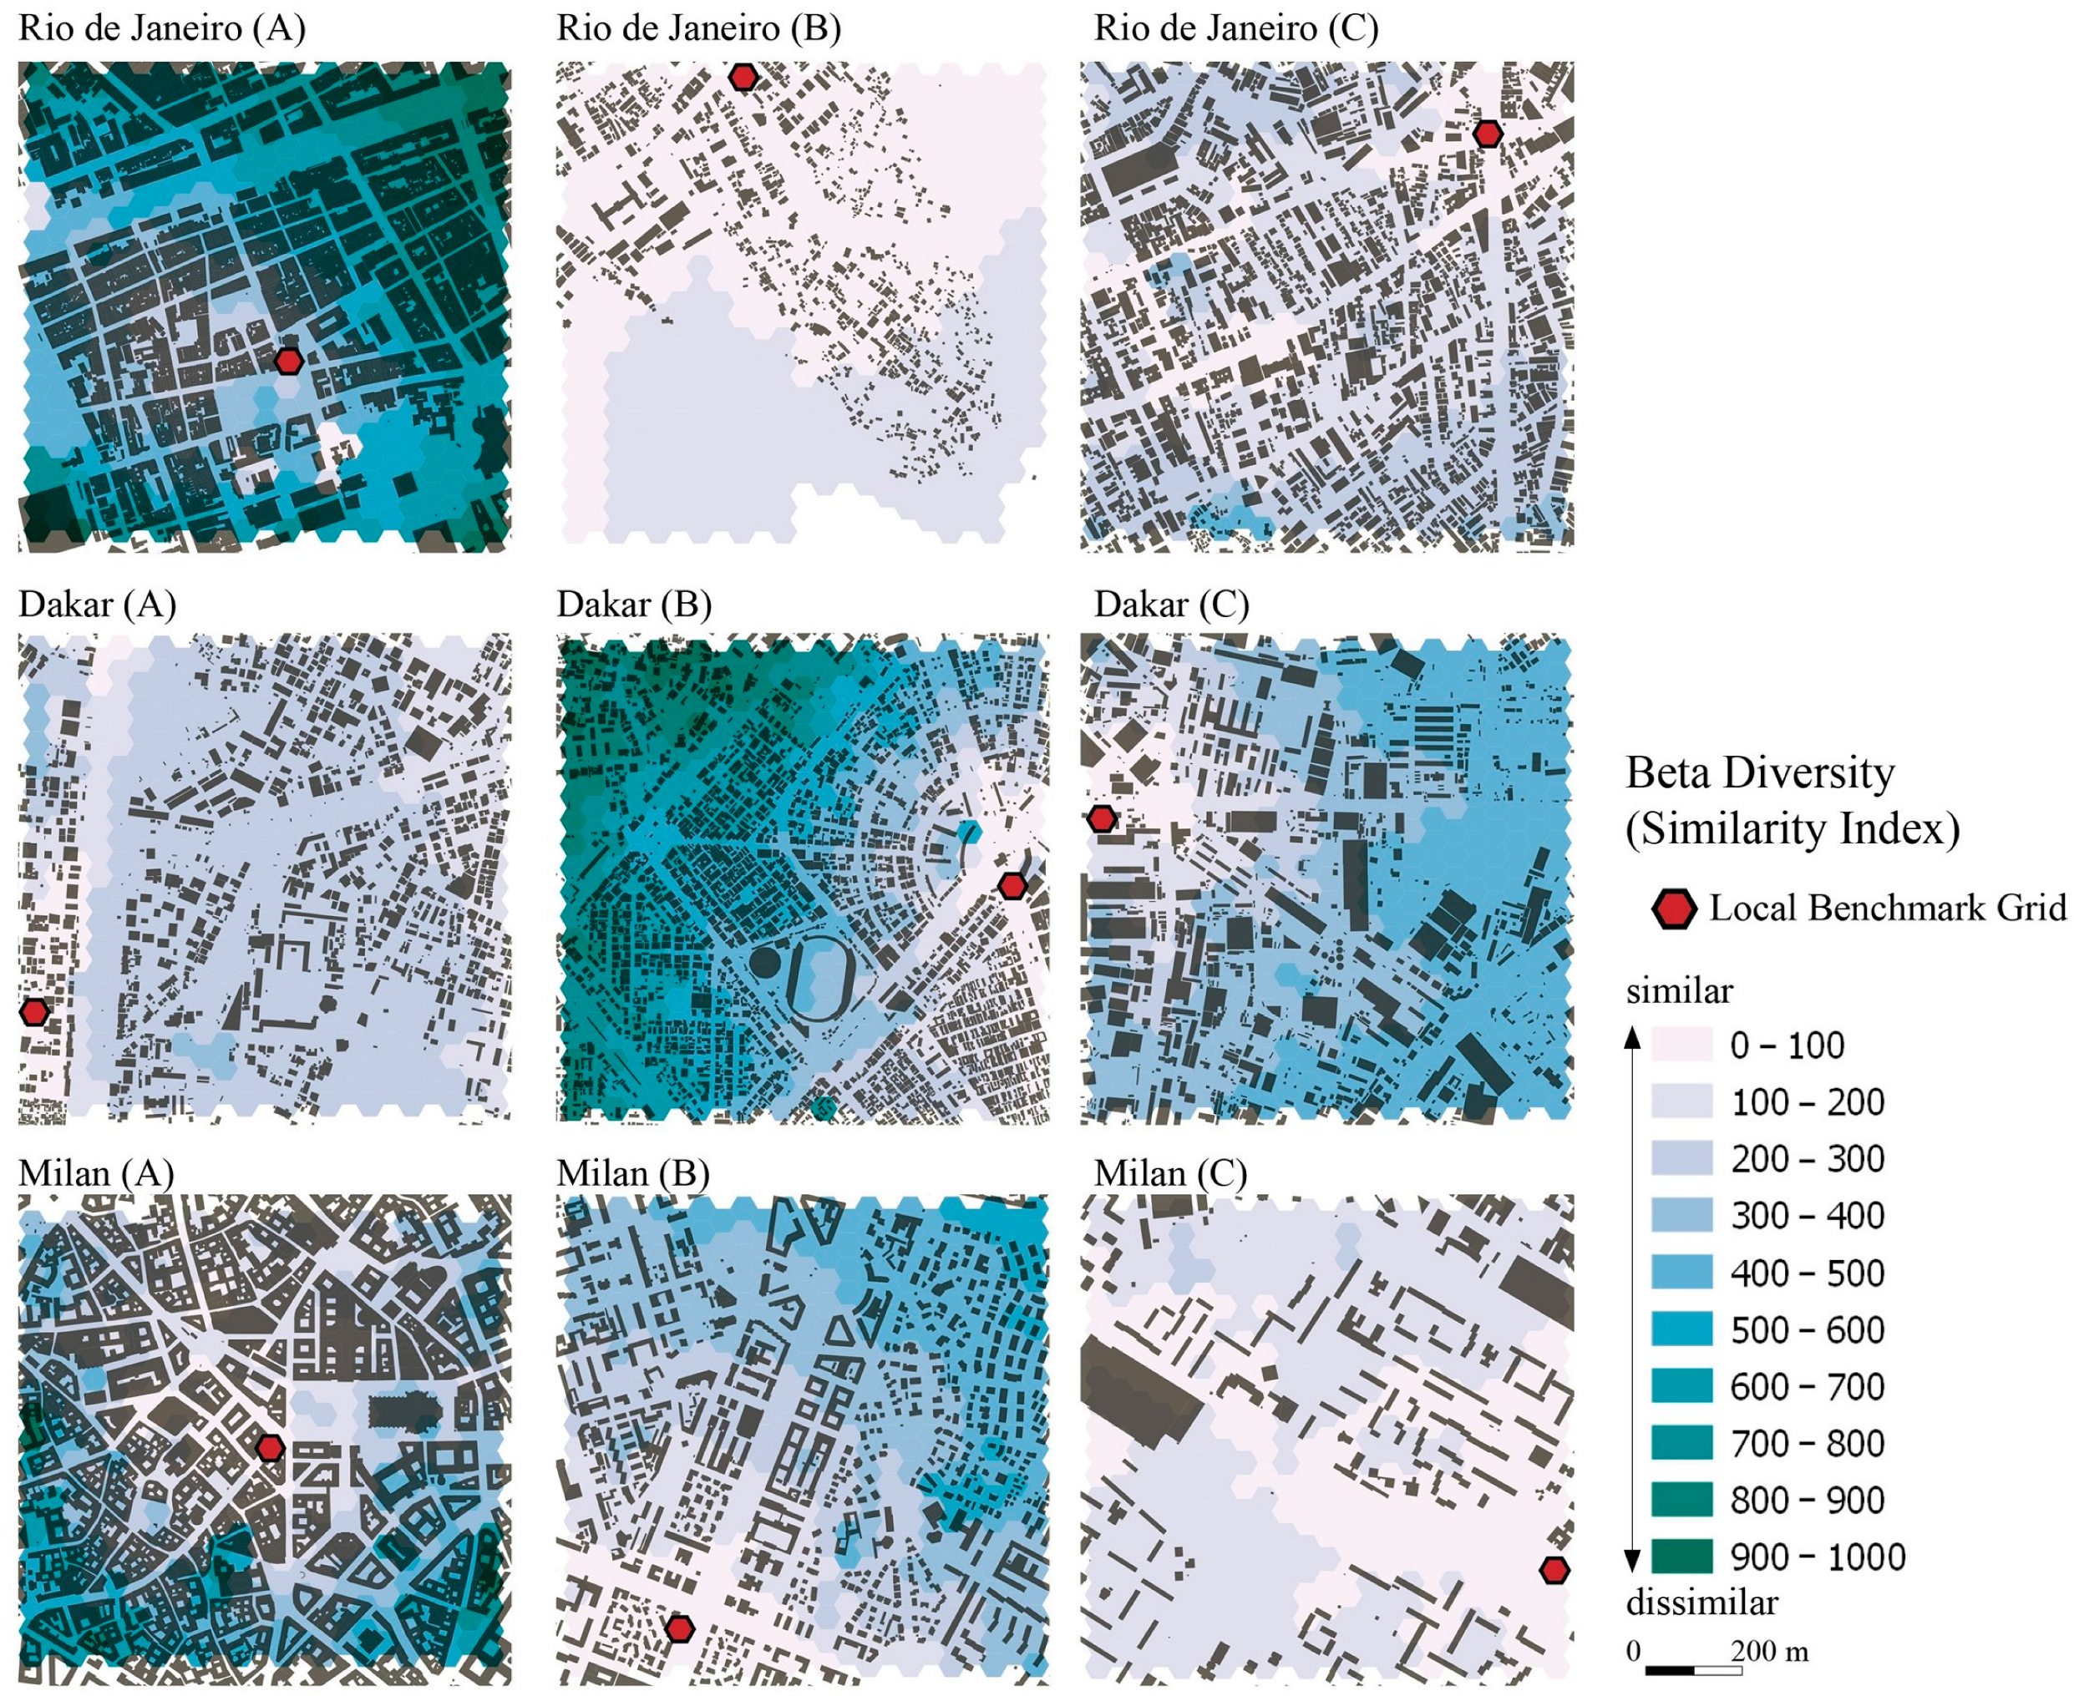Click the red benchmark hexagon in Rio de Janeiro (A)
point(287,361)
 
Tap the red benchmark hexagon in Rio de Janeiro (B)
point(743,77)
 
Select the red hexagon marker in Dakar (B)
point(1012,886)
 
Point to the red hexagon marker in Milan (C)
point(1554,1570)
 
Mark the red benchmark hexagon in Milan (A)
point(270,1448)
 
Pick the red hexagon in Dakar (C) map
point(1102,818)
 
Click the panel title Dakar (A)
point(97,605)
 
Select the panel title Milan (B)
point(632,1173)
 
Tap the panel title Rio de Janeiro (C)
point(1235,28)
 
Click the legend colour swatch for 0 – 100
point(1681,1045)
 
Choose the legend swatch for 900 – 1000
point(1681,1557)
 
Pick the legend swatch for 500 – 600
point(1681,1329)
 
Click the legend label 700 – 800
point(1808,1443)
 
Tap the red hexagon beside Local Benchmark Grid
point(1673,909)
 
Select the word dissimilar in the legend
point(1701,1603)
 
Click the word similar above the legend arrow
point(1679,991)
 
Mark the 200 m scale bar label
point(1769,1652)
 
